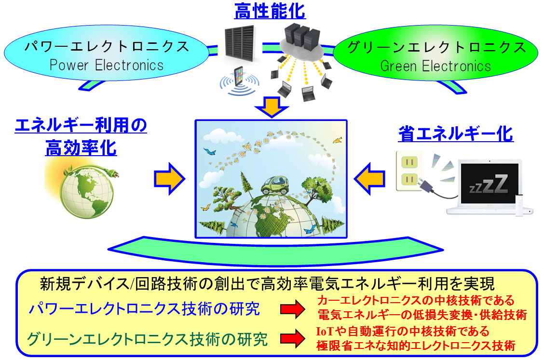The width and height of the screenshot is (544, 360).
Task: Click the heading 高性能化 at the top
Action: coord(270,11)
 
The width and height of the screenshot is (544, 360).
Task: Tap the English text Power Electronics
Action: coord(107,65)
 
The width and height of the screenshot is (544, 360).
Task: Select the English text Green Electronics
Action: coord(436,66)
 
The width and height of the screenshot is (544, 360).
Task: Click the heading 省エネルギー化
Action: coord(456,134)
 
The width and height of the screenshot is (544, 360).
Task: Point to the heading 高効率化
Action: coord(81,148)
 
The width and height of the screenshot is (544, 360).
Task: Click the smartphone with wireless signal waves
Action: coord(239,81)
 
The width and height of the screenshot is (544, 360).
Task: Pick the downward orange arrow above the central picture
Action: coord(272,107)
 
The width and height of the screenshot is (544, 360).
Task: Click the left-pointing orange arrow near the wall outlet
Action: coord(369,179)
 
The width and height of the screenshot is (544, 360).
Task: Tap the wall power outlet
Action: coord(409,171)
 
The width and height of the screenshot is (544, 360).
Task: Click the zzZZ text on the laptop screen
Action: coord(489,184)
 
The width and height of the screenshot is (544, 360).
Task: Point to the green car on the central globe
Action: coord(275,186)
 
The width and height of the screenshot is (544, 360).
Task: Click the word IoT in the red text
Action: coord(325,331)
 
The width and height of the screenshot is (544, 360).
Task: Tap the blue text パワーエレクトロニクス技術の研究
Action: coord(144,308)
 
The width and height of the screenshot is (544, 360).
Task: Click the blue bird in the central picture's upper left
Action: coord(210,151)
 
